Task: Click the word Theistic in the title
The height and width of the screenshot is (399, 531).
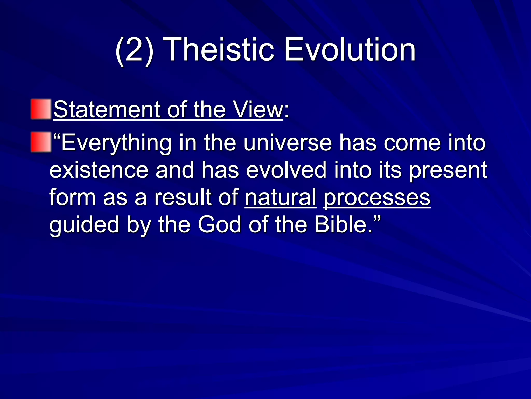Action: [x=219, y=49]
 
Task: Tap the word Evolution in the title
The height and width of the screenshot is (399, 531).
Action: [x=350, y=49]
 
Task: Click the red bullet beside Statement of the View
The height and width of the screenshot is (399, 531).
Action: [x=41, y=109]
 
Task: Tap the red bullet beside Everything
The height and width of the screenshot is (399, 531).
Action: [x=41, y=142]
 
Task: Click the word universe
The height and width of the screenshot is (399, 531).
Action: [x=288, y=143]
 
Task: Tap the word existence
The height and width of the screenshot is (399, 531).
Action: [x=99, y=170]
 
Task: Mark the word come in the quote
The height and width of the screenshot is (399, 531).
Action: [x=412, y=143]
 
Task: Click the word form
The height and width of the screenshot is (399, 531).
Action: [x=73, y=197]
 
